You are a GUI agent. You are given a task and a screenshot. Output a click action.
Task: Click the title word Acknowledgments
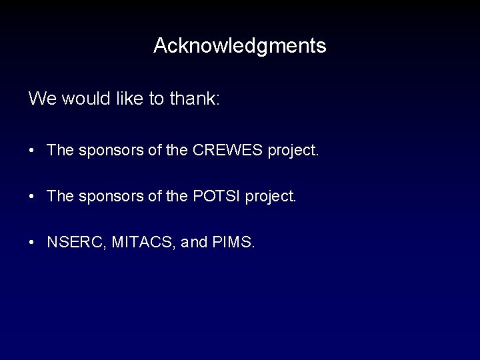239,46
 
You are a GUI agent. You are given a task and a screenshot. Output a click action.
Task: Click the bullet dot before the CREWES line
33,151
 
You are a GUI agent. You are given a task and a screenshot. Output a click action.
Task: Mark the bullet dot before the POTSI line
33,197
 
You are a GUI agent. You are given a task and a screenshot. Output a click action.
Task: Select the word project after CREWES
291,151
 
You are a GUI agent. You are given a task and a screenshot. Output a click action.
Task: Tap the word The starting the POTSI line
61,197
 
